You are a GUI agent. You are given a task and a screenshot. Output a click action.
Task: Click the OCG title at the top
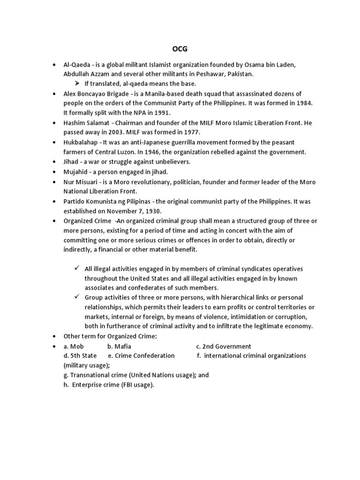point(180,49)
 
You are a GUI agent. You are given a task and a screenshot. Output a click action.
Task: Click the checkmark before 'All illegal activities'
point(77,269)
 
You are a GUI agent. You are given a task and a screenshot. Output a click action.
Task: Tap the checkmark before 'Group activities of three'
point(77,298)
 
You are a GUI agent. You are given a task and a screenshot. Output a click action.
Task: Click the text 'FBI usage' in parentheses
point(136,385)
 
